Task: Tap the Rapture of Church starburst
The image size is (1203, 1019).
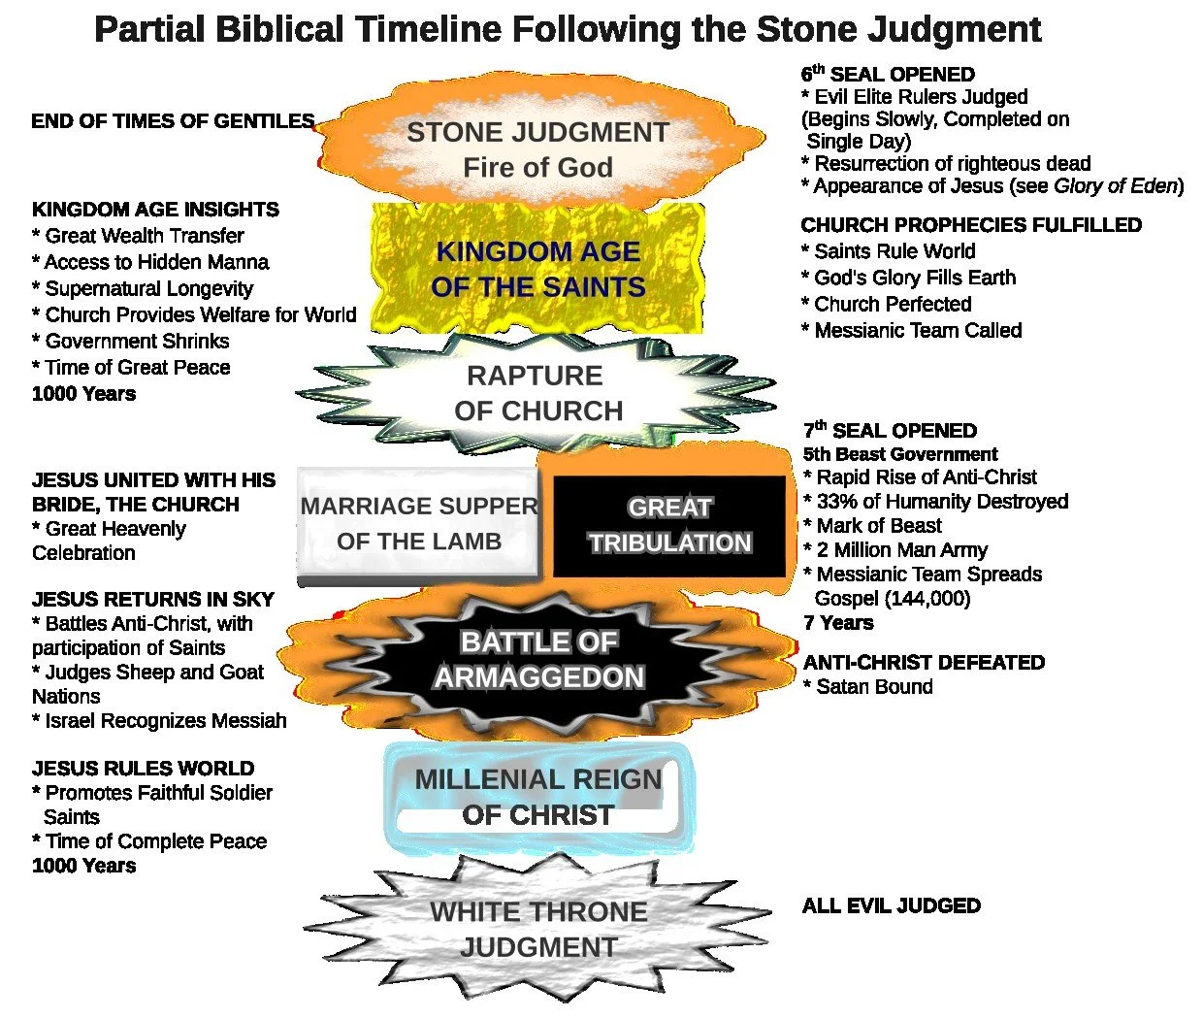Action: pos(538,393)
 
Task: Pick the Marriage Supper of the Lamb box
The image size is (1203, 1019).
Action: pos(418,524)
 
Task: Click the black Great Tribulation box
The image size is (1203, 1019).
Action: pos(669,525)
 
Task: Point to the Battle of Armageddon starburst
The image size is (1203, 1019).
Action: pos(538,660)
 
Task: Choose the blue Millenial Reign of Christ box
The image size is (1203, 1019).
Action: pos(537,797)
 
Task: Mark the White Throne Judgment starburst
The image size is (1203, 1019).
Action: pos(538,929)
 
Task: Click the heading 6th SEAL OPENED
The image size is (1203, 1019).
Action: pos(888,75)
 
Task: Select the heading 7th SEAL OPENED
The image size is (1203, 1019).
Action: pos(890,431)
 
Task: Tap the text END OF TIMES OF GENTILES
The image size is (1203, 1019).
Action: pos(173,121)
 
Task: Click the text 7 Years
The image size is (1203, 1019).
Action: pos(838,623)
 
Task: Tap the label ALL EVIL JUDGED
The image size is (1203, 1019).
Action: pos(891,906)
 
